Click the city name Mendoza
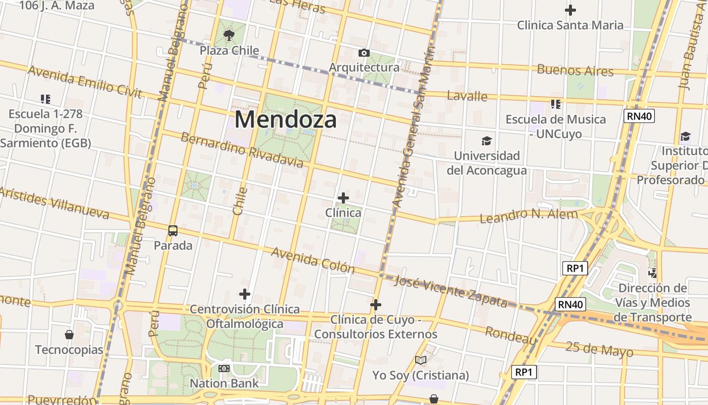(x=285, y=120)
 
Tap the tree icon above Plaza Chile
(x=229, y=35)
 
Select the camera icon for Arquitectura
(x=364, y=53)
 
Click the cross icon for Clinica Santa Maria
(x=570, y=10)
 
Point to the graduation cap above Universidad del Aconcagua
(x=486, y=141)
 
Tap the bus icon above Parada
(x=173, y=231)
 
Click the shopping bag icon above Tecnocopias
(x=69, y=335)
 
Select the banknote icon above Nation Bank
(x=224, y=369)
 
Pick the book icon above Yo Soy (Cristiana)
(x=421, y=360)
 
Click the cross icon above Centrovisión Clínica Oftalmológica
(x=245, y=294)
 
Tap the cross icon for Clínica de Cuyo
(x=376, y=305)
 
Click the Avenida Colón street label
(x=313, y=260)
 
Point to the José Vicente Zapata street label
(x=451, y=292)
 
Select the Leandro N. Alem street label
(x=528, y=216)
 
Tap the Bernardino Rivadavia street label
(x=242, y=150)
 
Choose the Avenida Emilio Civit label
(x=84, y=81)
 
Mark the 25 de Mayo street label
(x=599, y=349)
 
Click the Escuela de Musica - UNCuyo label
(x=556, y=127)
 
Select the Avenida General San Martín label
(x=413, y=127)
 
